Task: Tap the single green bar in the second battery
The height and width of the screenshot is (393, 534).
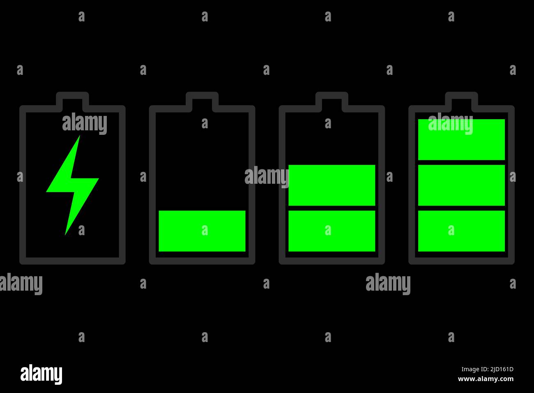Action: [202, 231]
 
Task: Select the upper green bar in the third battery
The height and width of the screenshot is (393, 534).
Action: [332, 185]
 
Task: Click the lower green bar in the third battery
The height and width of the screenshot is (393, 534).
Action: [332, 231]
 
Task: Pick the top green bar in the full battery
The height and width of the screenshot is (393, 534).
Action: [461, 140]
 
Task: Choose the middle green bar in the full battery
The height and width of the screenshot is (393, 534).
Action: [461, 185]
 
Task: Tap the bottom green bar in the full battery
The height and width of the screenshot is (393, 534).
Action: [461, 231]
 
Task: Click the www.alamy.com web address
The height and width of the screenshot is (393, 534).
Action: [486, 379]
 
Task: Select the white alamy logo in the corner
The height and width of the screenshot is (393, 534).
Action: [41, 374]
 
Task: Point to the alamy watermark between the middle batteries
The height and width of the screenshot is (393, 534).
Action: [267, 176]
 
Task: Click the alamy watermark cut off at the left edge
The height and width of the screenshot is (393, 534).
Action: [21, 284]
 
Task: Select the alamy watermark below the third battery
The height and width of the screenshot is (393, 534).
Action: [388, 284]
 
